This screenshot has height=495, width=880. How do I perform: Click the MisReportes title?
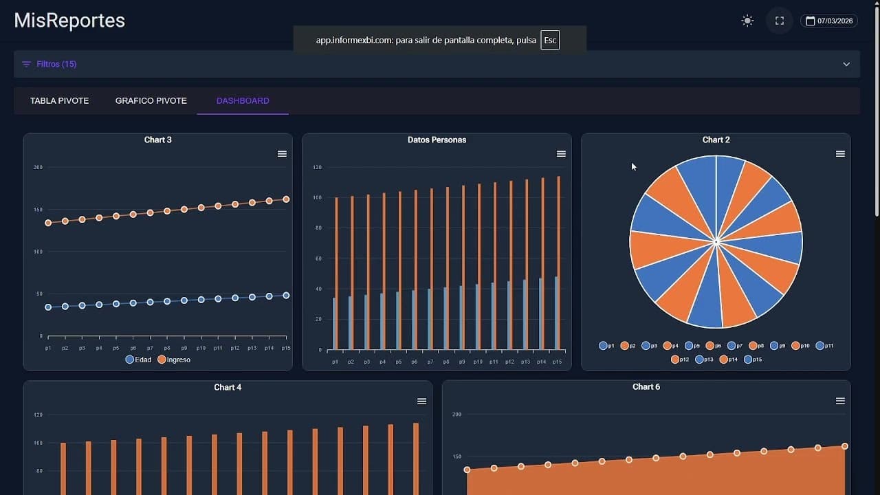click(x=69, y=21)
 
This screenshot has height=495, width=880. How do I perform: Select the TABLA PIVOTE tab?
click(x=59, y=100)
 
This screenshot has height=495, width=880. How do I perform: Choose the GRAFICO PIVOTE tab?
click(x=151, y=100)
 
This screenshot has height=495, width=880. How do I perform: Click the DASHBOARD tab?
click(x=243, y=100)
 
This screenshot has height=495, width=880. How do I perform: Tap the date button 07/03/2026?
click(x=828, y=21)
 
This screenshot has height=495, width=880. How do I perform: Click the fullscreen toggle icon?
click(x=779, y=21)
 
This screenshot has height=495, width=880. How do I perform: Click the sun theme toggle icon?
click(x=747, y=21)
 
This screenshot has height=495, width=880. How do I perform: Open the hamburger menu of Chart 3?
click(x=282, y=154)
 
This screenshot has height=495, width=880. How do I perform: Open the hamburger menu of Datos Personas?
click(x=561, y=154)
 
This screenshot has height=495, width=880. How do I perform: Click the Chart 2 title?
click(x=716, y=140)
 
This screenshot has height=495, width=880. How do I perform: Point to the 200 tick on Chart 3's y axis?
click(x=38, y=167)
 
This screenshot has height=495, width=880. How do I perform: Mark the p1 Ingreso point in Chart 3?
click(x=48, y=223)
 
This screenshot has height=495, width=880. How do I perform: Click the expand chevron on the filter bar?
click(x=846, y=64)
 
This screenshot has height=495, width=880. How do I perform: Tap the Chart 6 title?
click(x=646, y=387)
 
